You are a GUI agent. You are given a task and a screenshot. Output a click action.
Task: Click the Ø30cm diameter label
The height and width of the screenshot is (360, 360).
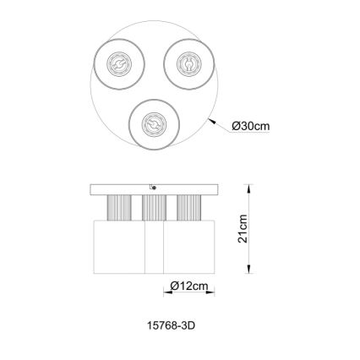tap(250, 126)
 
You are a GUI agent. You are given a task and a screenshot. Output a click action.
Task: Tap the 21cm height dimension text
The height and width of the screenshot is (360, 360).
tap(243, 229)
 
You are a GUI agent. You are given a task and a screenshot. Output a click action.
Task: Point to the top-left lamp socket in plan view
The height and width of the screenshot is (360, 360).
tap(119, 65)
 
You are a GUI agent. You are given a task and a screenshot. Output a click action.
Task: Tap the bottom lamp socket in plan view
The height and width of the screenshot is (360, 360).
tap(153, 123)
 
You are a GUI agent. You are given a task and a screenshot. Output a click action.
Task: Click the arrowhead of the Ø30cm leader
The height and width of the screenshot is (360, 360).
tap(210, 120)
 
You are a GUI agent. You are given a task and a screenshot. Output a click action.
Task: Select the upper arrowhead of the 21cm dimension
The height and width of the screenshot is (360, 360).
tap(248, 188)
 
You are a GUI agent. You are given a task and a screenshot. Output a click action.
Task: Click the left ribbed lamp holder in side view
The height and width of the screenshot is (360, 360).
tap(117, 206)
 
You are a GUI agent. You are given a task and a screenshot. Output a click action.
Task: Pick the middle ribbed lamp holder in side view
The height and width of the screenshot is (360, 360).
tap(153, 206)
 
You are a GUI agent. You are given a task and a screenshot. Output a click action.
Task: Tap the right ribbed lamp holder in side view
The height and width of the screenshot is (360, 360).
tap(188, 206)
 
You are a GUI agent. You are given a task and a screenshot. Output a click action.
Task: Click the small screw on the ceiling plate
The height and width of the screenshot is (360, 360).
tap(152, 185)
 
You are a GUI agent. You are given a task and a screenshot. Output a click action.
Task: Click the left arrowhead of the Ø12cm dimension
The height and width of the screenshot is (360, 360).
tap(166, 292)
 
